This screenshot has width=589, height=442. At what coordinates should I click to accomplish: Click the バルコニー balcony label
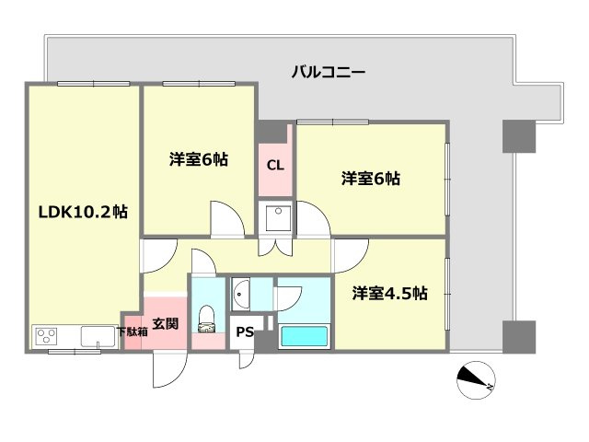pyautogui.click(x=328, y=71)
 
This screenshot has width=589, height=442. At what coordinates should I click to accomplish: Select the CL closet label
pyautogui.click(x=274, y=166)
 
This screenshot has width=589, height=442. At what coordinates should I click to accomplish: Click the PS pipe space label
pyautogui.click(x=244, y=332)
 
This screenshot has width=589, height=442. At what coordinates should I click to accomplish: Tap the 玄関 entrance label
pyautogui.click(x=165, y=323)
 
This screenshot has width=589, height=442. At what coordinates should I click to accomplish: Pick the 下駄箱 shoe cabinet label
pyautogui.click(x=131, y=331)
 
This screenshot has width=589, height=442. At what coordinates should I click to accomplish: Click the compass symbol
pyautogui.click(x=476, y=380)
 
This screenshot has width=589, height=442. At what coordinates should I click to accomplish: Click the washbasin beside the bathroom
pyautogui.click(x=241, y=294)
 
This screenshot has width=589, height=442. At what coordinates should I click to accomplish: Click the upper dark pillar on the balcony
pyautogui.click(x=517, y=136)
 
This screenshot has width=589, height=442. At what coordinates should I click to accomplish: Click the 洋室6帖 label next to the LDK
pyautogui.click(x=198, y=159)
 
